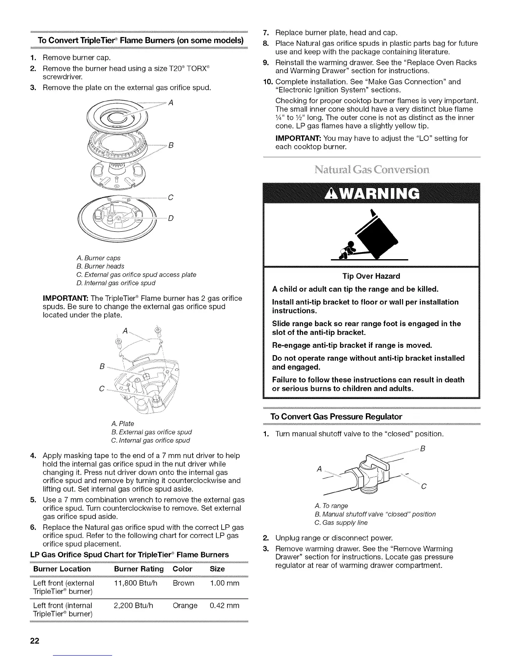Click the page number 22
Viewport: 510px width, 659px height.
point(34,641)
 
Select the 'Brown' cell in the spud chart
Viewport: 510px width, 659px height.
point(183,583)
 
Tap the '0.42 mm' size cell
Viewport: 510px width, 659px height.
point(225,605)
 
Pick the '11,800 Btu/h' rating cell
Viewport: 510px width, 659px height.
point(135,583)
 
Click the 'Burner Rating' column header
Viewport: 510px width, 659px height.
point(139,569)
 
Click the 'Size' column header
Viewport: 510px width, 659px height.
point(217,569)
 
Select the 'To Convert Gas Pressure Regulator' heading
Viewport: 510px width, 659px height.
point(336,416)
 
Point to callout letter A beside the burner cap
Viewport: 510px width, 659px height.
point(170,103)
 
